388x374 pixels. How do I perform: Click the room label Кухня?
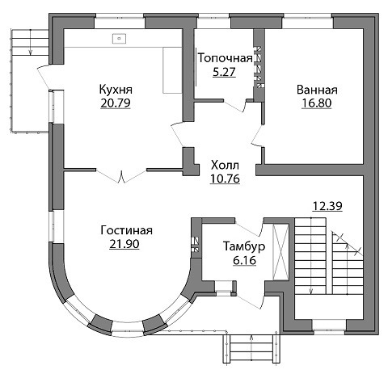point(116,90)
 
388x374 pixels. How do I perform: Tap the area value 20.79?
point(116,103)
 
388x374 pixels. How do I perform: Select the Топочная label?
point(226,58)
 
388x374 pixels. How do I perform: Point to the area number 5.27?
point(224,72)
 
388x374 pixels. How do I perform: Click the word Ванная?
point(317,90)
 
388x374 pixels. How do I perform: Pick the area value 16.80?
point(317,103)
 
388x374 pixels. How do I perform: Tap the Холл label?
point(225,166)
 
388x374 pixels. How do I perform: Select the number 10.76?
point(225,179)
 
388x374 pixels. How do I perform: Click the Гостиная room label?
point(126,231)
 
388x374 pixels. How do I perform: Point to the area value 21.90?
point(124,244)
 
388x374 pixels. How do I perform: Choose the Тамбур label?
point(244,246)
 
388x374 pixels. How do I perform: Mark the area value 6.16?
point(245,260)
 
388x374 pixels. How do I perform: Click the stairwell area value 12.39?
point(327,206)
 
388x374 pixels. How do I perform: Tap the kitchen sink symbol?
point(119,38)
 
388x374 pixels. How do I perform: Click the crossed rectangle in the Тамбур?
point(280,252)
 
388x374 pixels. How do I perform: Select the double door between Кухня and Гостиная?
point(121,175)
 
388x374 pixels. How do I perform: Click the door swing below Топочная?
point(235,106)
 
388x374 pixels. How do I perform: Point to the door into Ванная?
point(257,136)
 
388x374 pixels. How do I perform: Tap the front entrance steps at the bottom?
point(251,347)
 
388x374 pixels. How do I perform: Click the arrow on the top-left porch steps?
point(30,43)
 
